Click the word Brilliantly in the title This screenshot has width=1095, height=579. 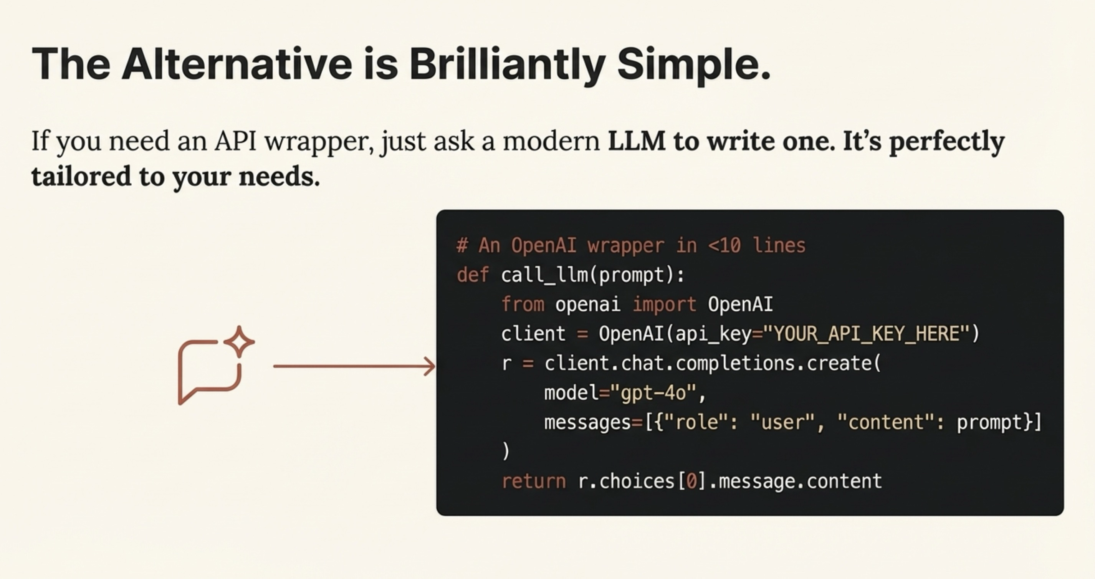coord(508,65)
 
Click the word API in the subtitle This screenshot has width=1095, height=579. coord(235,141)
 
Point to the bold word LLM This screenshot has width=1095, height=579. coord(636,141)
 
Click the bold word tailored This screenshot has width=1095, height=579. coord(81,176)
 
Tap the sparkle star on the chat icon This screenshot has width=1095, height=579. coord(239,342)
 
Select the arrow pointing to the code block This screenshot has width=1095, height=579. coord(354,366)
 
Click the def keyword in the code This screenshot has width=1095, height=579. coord(473,275)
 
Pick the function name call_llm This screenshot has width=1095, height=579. coord(544,275)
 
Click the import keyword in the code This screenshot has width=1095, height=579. coord(664,304)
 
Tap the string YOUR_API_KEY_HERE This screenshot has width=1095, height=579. coord(866,334)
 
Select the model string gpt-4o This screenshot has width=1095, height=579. coord(653,393)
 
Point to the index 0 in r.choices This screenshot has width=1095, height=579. coord(691,481)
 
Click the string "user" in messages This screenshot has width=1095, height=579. coord(782,422)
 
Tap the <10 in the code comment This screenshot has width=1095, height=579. coord(724,245)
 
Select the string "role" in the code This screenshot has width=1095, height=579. coord(697,422)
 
